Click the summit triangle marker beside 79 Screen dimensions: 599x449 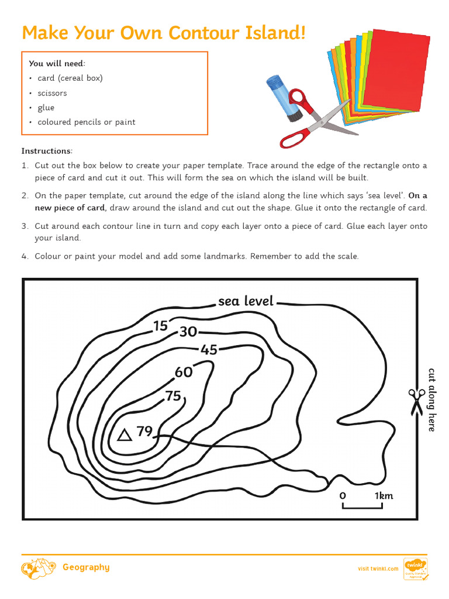(x=124, y=435)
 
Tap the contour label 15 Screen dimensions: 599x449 (x=160, y=326)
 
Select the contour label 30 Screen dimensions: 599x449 (x=188, y=332)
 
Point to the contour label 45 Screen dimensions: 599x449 (x=209, y=350)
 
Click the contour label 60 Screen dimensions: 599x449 (x=184, y=372)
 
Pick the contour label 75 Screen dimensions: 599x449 (x=173, y=396)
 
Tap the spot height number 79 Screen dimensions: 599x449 (x=144, y=432)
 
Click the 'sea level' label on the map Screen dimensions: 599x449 (x=246, y=301)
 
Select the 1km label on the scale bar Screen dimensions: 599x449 (x=384, y=495)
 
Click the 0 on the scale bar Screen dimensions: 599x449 (x=343, y=495)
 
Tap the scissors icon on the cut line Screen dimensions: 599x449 (x=416, y=402)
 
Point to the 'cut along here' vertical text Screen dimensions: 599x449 (x=431, y=400)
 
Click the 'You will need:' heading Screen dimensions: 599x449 (x=57, y=63)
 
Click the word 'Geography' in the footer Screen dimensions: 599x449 (x=86, y=567)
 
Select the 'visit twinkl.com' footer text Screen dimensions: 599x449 (x=378, y=568)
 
